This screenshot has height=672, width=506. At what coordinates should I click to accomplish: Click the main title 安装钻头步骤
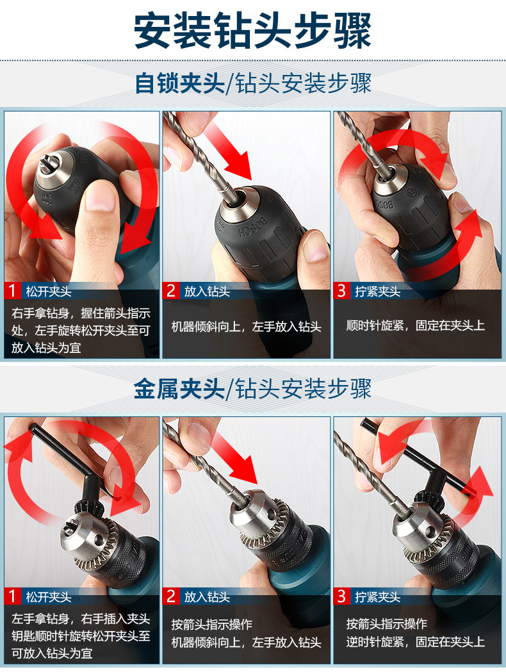click(x=252, y=31)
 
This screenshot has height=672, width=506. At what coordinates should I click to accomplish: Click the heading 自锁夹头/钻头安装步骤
click(x=253, y=83)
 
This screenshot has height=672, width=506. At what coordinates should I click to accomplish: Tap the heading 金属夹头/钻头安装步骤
click(x=252, y=388)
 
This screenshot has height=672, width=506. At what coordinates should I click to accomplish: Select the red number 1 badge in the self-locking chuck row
click(x=12, y=291)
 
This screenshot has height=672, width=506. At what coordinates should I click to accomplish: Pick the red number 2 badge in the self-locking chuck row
click(x=170, y=291)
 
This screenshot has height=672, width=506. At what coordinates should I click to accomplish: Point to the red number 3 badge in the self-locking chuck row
click(x=341, y=291)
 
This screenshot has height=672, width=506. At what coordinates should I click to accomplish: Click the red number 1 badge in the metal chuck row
click(x=12, y=596)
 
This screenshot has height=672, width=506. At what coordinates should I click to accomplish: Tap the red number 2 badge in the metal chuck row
click(x=170, y=596)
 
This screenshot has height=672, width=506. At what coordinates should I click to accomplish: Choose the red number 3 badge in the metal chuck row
click(x=341, y=596)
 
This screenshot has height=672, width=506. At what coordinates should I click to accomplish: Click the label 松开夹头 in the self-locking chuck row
click(x=49, y=291)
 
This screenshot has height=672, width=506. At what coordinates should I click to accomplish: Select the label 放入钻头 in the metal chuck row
click(x=207, y=597)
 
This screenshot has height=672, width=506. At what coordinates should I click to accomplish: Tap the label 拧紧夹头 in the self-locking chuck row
click(x=377, y=291)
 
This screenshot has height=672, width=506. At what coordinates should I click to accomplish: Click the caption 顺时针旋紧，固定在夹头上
click(x=415, y=325)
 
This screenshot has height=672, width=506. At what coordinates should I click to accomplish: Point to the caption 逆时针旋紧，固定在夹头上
click(x=415, y=642)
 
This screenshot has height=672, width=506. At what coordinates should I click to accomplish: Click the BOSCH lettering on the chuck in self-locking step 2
click(x=252, y=227)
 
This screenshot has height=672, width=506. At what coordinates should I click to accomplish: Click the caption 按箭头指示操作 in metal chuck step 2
click(x=211, y=624)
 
